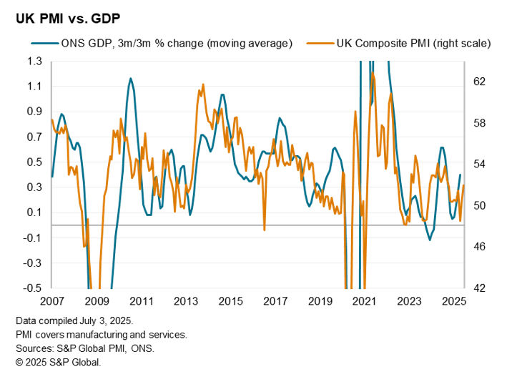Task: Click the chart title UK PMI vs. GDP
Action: click(x=68, y=16)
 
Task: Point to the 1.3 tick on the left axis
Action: click(x=34, y=62)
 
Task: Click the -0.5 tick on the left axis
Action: click(x=32, y=288)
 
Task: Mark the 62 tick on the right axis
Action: click(x=478, y=82)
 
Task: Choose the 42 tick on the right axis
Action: click(x=478, y=288)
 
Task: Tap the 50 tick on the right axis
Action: click(x=478, y=205)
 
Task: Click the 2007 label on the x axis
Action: click(x=52, y=301)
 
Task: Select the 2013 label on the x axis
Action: click(x=186, y=301)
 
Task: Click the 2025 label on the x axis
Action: click(x=453, y=301)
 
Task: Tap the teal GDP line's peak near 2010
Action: click(x=130, y=79)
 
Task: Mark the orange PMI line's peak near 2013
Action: click(x=203, y=84)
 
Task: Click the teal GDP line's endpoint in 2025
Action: click(x=460, y=175)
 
